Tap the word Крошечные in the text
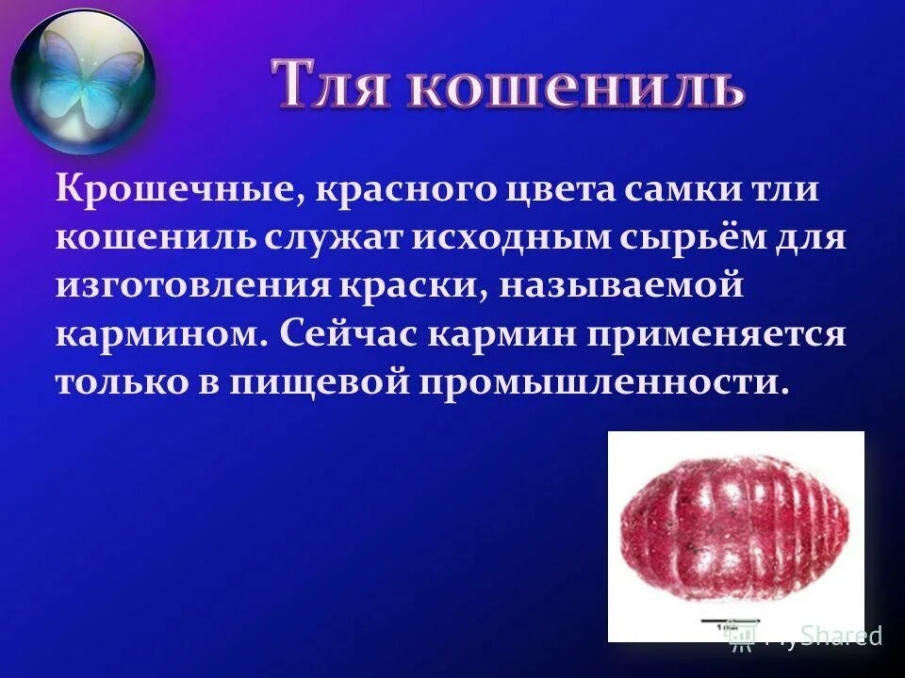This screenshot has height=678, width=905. tap(175, 189)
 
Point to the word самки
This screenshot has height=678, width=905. tap(669, 189)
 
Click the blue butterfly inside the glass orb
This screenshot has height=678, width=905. tap(83, 80)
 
